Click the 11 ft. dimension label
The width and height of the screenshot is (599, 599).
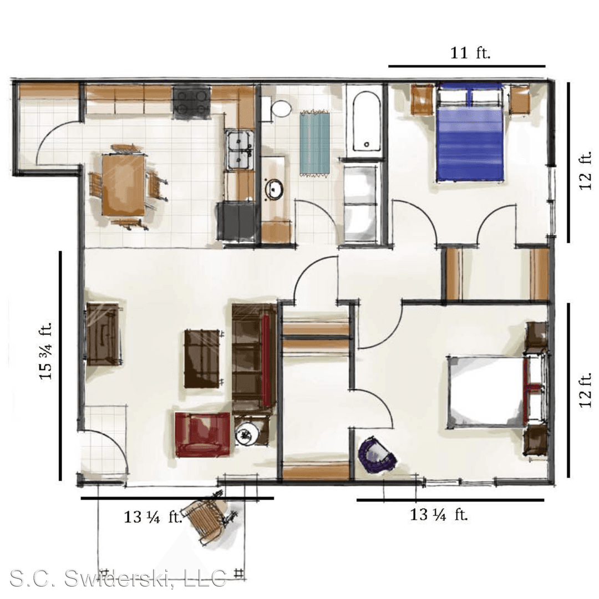pyautogui.click(x=470, y=53)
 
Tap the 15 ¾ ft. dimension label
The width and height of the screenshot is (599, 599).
pyautogui.click(x=45, y=351)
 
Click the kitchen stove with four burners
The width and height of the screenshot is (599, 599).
pyautogui.click(x=191, y=101)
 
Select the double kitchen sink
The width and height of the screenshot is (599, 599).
pyautogui.click(x=240, y=150)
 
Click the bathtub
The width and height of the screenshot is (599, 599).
pyautogui.click(x=366, y=121)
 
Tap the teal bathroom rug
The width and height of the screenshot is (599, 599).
pyautogui.click(x=314, y=143)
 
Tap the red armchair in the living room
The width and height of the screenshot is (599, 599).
pyautogui.click(x=203, y=434)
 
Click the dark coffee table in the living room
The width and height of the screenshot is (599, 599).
pyautogui.click(x=202, y=358)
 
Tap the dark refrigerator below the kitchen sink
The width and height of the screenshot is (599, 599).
pyautogui.click(x=236, y=221)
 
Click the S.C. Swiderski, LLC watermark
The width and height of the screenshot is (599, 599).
pyautogui.click(x=118, y=578)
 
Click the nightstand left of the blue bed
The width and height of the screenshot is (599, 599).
pyautogui.click(x=422, y=99)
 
